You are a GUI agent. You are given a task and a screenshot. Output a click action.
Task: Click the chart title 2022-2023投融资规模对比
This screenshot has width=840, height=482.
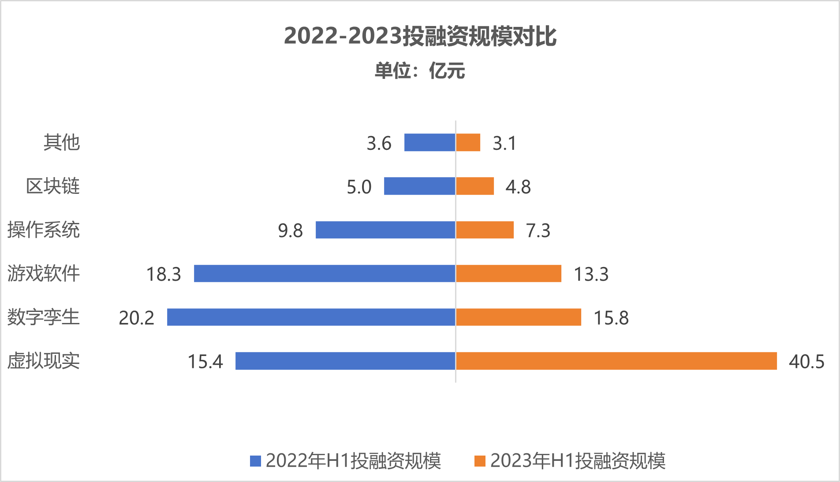[420, 36]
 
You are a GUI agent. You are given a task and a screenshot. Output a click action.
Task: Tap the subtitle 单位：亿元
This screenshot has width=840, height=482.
[420, 70]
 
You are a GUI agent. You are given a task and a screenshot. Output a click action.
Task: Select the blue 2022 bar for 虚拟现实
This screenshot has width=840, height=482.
[345, 361]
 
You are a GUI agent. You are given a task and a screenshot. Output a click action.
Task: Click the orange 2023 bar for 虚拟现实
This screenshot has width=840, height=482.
[616, 361]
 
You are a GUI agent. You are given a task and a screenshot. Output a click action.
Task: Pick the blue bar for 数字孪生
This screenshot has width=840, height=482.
[311, 317]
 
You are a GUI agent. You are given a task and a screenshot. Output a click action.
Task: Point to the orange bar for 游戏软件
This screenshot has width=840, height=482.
[508, 274]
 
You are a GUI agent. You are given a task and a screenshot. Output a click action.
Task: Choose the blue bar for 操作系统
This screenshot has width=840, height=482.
[385, 230]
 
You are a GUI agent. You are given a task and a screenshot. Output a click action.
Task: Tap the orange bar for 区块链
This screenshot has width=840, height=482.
[475, 186]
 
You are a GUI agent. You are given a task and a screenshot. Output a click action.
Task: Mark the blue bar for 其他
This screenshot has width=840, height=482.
[429, 143]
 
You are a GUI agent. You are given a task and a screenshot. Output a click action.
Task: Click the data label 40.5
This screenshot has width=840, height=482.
[806, 362]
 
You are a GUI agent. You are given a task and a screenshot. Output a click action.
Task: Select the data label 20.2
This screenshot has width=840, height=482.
[137, 318]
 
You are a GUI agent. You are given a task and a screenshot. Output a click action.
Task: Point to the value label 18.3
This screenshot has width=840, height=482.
[164, 274]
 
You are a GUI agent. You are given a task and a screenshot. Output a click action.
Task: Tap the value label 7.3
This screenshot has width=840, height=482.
[538, 231]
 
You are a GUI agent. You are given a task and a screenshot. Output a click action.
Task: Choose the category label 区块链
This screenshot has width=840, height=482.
[53, 186]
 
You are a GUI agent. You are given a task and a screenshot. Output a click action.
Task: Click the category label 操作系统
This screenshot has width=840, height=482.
[44, 230]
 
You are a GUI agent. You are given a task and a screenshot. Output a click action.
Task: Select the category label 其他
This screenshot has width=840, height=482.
[62, 143]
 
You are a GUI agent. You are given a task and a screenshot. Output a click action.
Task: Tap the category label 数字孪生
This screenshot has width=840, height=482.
[44, 317]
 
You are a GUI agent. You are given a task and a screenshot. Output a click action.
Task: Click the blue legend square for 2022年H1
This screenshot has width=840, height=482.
[255, 461]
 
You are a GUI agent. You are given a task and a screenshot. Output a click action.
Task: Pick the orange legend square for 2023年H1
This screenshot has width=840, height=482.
[480, 461]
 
